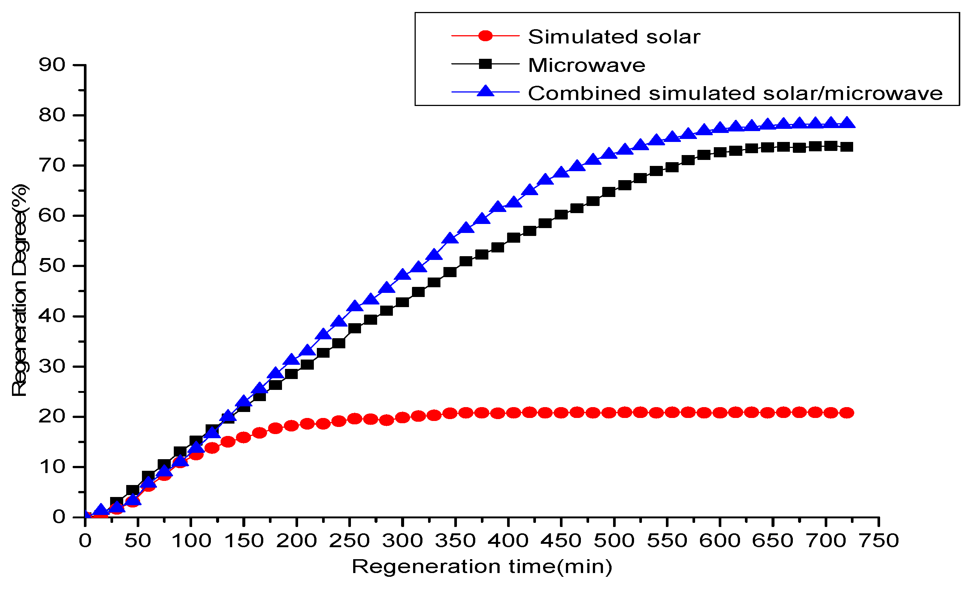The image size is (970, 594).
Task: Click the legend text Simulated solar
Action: (x=614, y=37)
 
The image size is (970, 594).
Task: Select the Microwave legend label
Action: (x=586, y=65)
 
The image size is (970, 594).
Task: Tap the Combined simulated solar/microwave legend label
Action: (x=735, y=93)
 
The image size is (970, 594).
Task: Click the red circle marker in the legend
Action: (x=485, y=36)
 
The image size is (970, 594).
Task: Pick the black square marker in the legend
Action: (x=485, y=64)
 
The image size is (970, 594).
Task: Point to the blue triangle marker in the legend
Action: (x=485, y=91)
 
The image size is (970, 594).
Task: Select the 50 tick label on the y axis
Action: (x=52, y=266)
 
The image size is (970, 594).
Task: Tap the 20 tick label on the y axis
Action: (x=52, y=416)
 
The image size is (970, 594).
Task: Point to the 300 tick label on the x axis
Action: (x=402, y=541)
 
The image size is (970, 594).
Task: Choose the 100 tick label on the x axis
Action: (x=191, y=541)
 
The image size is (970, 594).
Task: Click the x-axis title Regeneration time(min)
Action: (x=482, y=567)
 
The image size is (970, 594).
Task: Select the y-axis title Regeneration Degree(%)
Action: (x=20, y=290)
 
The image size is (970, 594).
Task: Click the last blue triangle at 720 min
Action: (x=847, y=123)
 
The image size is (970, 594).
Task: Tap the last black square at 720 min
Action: (x=847, y=147)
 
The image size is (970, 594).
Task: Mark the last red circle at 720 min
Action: (x=847, y=413)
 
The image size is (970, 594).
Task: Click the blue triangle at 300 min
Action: (x=402, y=275)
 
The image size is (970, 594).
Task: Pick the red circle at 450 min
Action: (x=561, y=413)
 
